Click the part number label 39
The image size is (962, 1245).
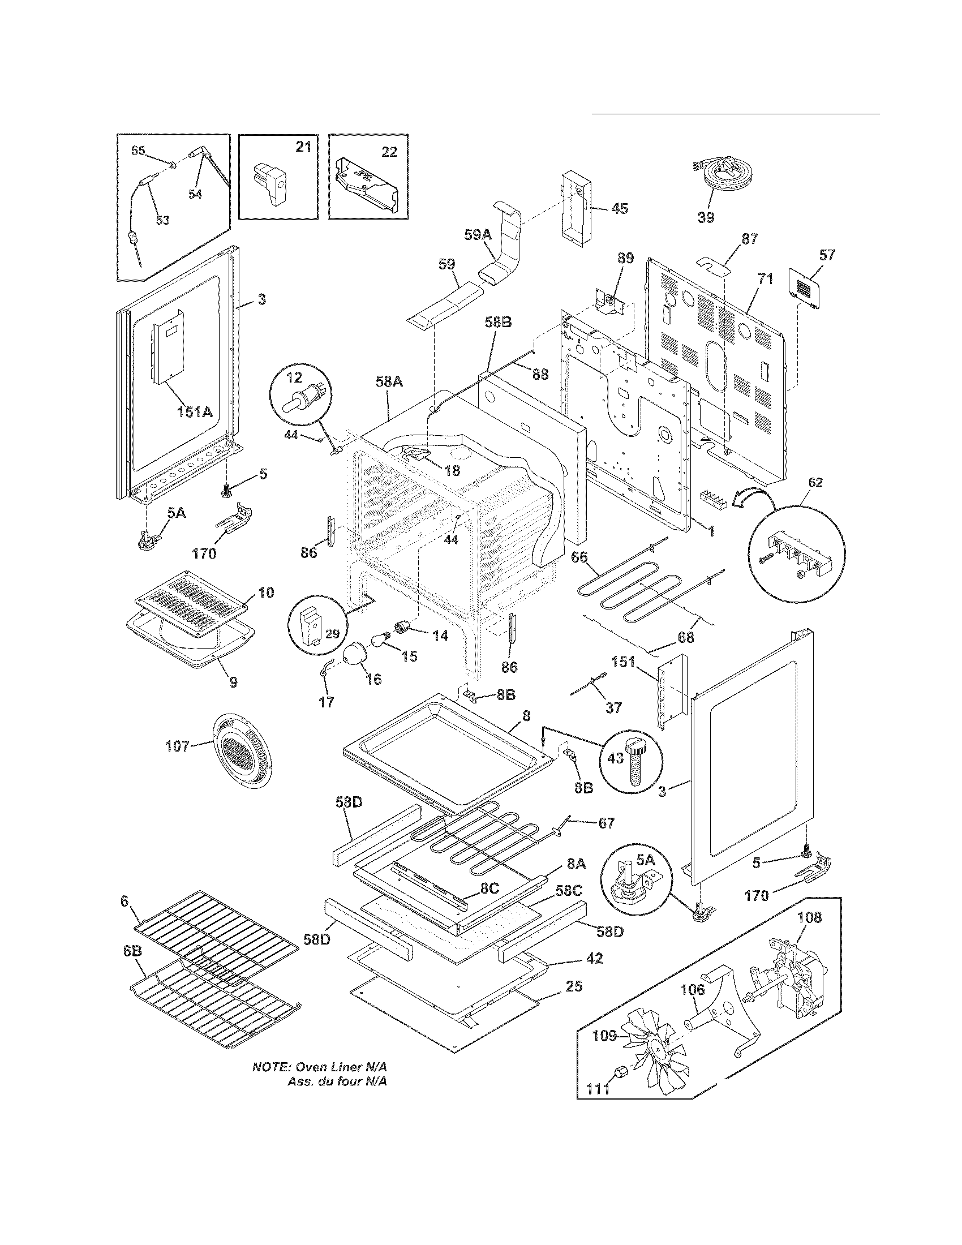tap(706, 217)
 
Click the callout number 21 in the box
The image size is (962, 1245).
tap(303, 147)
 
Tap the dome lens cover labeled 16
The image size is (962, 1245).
tap(358, 654)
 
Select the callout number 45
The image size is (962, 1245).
tap(619, 209)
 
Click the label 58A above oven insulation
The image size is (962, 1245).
tap(389, 381)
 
